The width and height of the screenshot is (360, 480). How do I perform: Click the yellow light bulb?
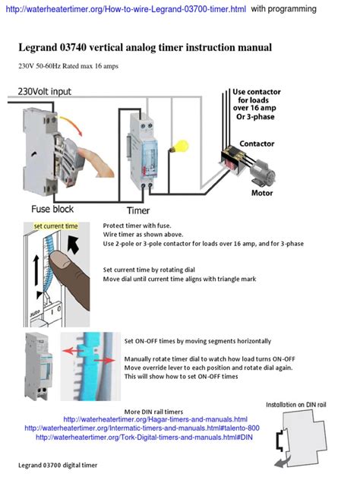pyautogui.click(x=179, y=147)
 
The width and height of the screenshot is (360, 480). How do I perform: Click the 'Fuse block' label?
pyautogui.click(x=52, y=209)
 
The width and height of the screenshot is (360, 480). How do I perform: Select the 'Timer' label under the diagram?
pyautogui.click(x=138, y=210)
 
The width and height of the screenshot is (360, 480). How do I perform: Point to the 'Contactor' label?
pyautogui.click(x=257, y=144)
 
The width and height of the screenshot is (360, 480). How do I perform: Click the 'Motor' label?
pyautogui.click(x=262, y=193)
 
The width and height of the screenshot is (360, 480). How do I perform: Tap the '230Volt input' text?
pyautogui.click(x=44, y=92)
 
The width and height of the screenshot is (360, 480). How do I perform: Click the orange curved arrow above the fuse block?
pyautogui.click(x=72, y=125)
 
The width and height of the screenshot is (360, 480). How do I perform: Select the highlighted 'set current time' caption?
pyautogui.click(x=55, y=226)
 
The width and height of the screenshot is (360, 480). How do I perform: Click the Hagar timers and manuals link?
pyautogui.click(x=155, y=419)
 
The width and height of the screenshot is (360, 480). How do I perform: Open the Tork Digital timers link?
pyautogui.click(x=144, y=437)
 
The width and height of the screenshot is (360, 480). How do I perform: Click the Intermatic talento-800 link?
pyautogui.click(x=142, y=428)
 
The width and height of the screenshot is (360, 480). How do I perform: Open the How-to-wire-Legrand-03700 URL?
pyautogui.click(x=126, y=9)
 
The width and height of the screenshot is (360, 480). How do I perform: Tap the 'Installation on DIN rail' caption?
pyautogui.click(x=296, y=405)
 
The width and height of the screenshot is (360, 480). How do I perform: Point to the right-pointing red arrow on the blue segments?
pyautogui.click(x=104, y=362)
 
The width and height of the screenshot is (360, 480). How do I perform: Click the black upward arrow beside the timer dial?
pyautogui.click(x=36, y=270)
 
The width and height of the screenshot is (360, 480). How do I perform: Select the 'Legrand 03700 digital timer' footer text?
pyautogui.click(x=58, y=466)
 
